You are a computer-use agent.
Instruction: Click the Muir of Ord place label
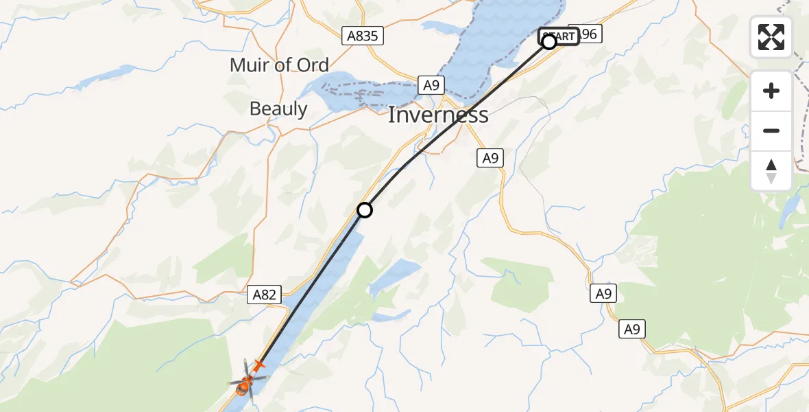coord(279,65)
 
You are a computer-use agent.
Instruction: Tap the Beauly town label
coord(278,108)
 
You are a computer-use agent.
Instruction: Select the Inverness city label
coord(438,115)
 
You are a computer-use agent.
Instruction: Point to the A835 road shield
coord(362,36)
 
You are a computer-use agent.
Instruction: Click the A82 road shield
coord(264,295)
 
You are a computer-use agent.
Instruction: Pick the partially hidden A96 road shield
coord(589,34)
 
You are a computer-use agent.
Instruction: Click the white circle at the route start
coord(549,42)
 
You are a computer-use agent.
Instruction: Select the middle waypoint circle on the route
coord(365,210)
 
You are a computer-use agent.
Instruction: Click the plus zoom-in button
coord(771,91)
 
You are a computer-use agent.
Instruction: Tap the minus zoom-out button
coord(771,130)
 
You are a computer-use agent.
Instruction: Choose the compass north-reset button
coord(771,170)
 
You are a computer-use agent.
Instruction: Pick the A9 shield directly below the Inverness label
coord(490,158)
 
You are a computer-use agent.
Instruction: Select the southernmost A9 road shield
coord(631,330)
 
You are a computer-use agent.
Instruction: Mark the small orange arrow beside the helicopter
coord(258,365)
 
